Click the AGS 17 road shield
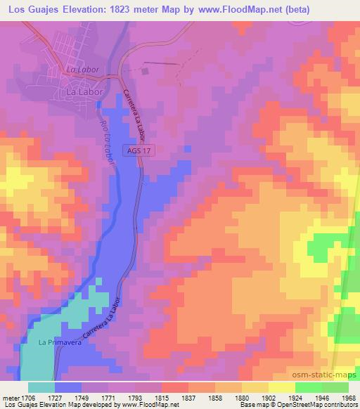point(141,150)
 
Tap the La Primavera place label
point(56,343)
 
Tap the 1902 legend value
point(257,398)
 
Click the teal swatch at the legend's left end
point(41,387)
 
